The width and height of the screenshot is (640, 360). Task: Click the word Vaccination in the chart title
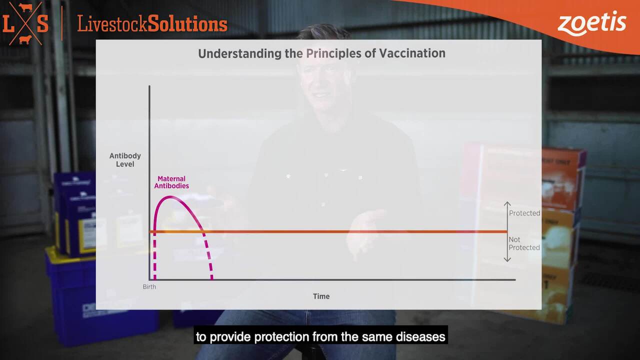pos(412,53)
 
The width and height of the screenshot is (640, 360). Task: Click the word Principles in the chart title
pos(333,53)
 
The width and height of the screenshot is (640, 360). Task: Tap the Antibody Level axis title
pos(125,160)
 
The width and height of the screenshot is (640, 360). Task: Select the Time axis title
pos(321,296)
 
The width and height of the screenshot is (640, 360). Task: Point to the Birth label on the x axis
pos(149,287)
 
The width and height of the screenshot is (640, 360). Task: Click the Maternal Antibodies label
pos(171,182)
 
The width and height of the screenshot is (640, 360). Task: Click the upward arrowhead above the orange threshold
pos(507,203)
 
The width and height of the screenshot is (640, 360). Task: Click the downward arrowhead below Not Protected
pos(507,259)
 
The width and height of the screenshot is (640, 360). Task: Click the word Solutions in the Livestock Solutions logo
pos(187,24)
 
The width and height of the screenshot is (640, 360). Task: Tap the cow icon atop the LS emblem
pos(25,7)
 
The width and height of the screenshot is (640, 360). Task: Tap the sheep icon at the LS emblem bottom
pos(25,39)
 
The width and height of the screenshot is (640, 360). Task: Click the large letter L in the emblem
pos(8,23)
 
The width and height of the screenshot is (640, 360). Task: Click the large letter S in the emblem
pos(42,23)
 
